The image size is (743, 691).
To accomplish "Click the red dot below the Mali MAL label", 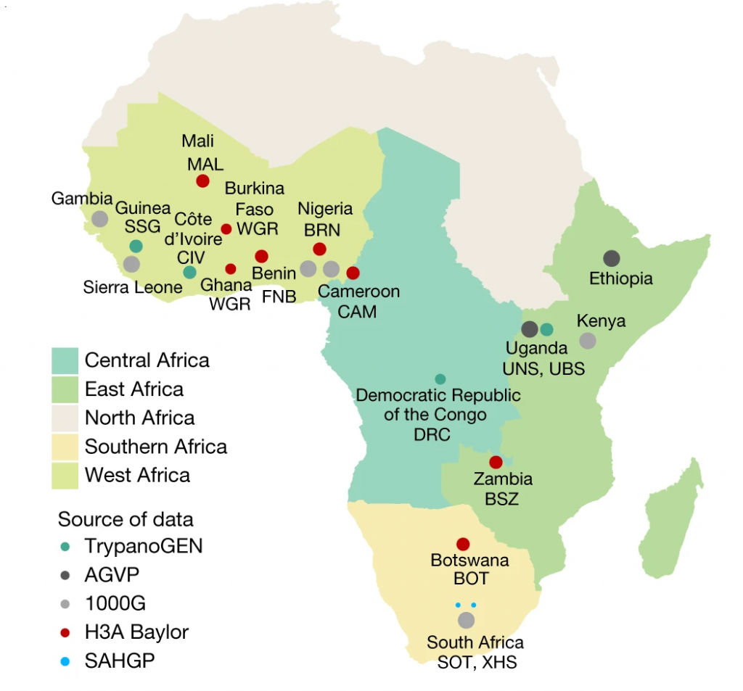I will pos(202,181).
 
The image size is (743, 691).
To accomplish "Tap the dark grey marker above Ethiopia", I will pos(612,257).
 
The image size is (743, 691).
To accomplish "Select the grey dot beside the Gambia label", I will pos(100,218).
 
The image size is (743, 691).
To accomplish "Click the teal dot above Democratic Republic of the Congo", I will pos(440,378).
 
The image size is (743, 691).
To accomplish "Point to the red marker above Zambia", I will pos(496,462).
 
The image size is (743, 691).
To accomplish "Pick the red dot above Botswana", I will pos(463,544).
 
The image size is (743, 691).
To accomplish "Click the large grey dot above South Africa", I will pos(466,620).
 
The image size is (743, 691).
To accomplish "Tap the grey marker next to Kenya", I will pos(588,340).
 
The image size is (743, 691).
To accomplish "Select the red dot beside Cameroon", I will pos(353,273).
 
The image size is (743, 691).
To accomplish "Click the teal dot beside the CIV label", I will pos(189,273).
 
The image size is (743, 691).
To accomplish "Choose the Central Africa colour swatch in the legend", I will pos(64,360).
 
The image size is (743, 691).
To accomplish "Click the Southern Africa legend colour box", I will pos(64,446).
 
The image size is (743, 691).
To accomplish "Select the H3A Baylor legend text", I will pos(136,632).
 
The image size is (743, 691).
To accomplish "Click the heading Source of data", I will pos(125,519).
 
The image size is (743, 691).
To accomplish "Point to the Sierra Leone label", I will pos(132,287).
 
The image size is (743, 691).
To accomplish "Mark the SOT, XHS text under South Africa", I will pos(477,662).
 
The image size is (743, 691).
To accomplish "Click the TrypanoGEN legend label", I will pos(144,546).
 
